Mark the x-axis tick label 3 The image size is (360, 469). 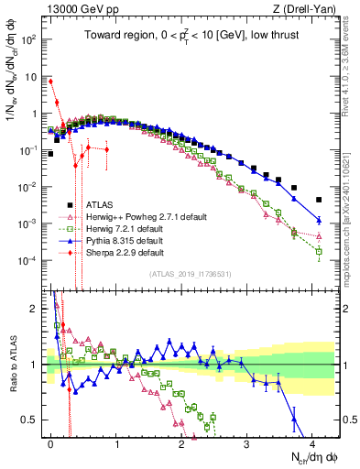(x=247, y=442)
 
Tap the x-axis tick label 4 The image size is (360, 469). (x=312, y=442)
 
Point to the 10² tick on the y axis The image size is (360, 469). (x=28, y=40)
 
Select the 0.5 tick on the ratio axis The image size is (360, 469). (x=31, y=420)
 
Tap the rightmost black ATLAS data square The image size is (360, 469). (x=319, y=200)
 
